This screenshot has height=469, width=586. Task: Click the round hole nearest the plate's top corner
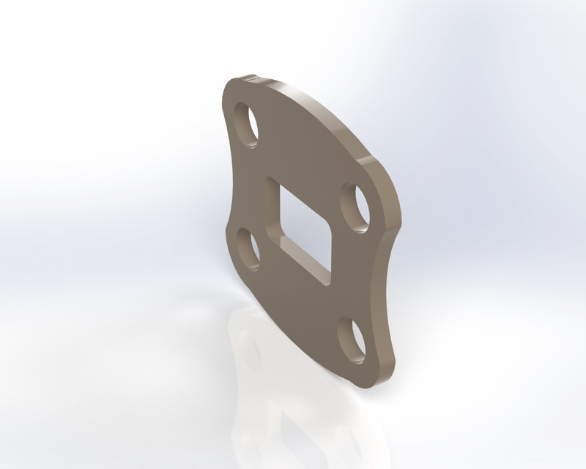click(246, 125)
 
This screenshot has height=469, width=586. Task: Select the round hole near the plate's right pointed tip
click(355, 209)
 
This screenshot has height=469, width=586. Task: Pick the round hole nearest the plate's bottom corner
click(352, 340)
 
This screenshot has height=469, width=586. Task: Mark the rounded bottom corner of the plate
click(366, 383)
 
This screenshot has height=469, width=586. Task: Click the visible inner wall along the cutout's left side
click(273, 213)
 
